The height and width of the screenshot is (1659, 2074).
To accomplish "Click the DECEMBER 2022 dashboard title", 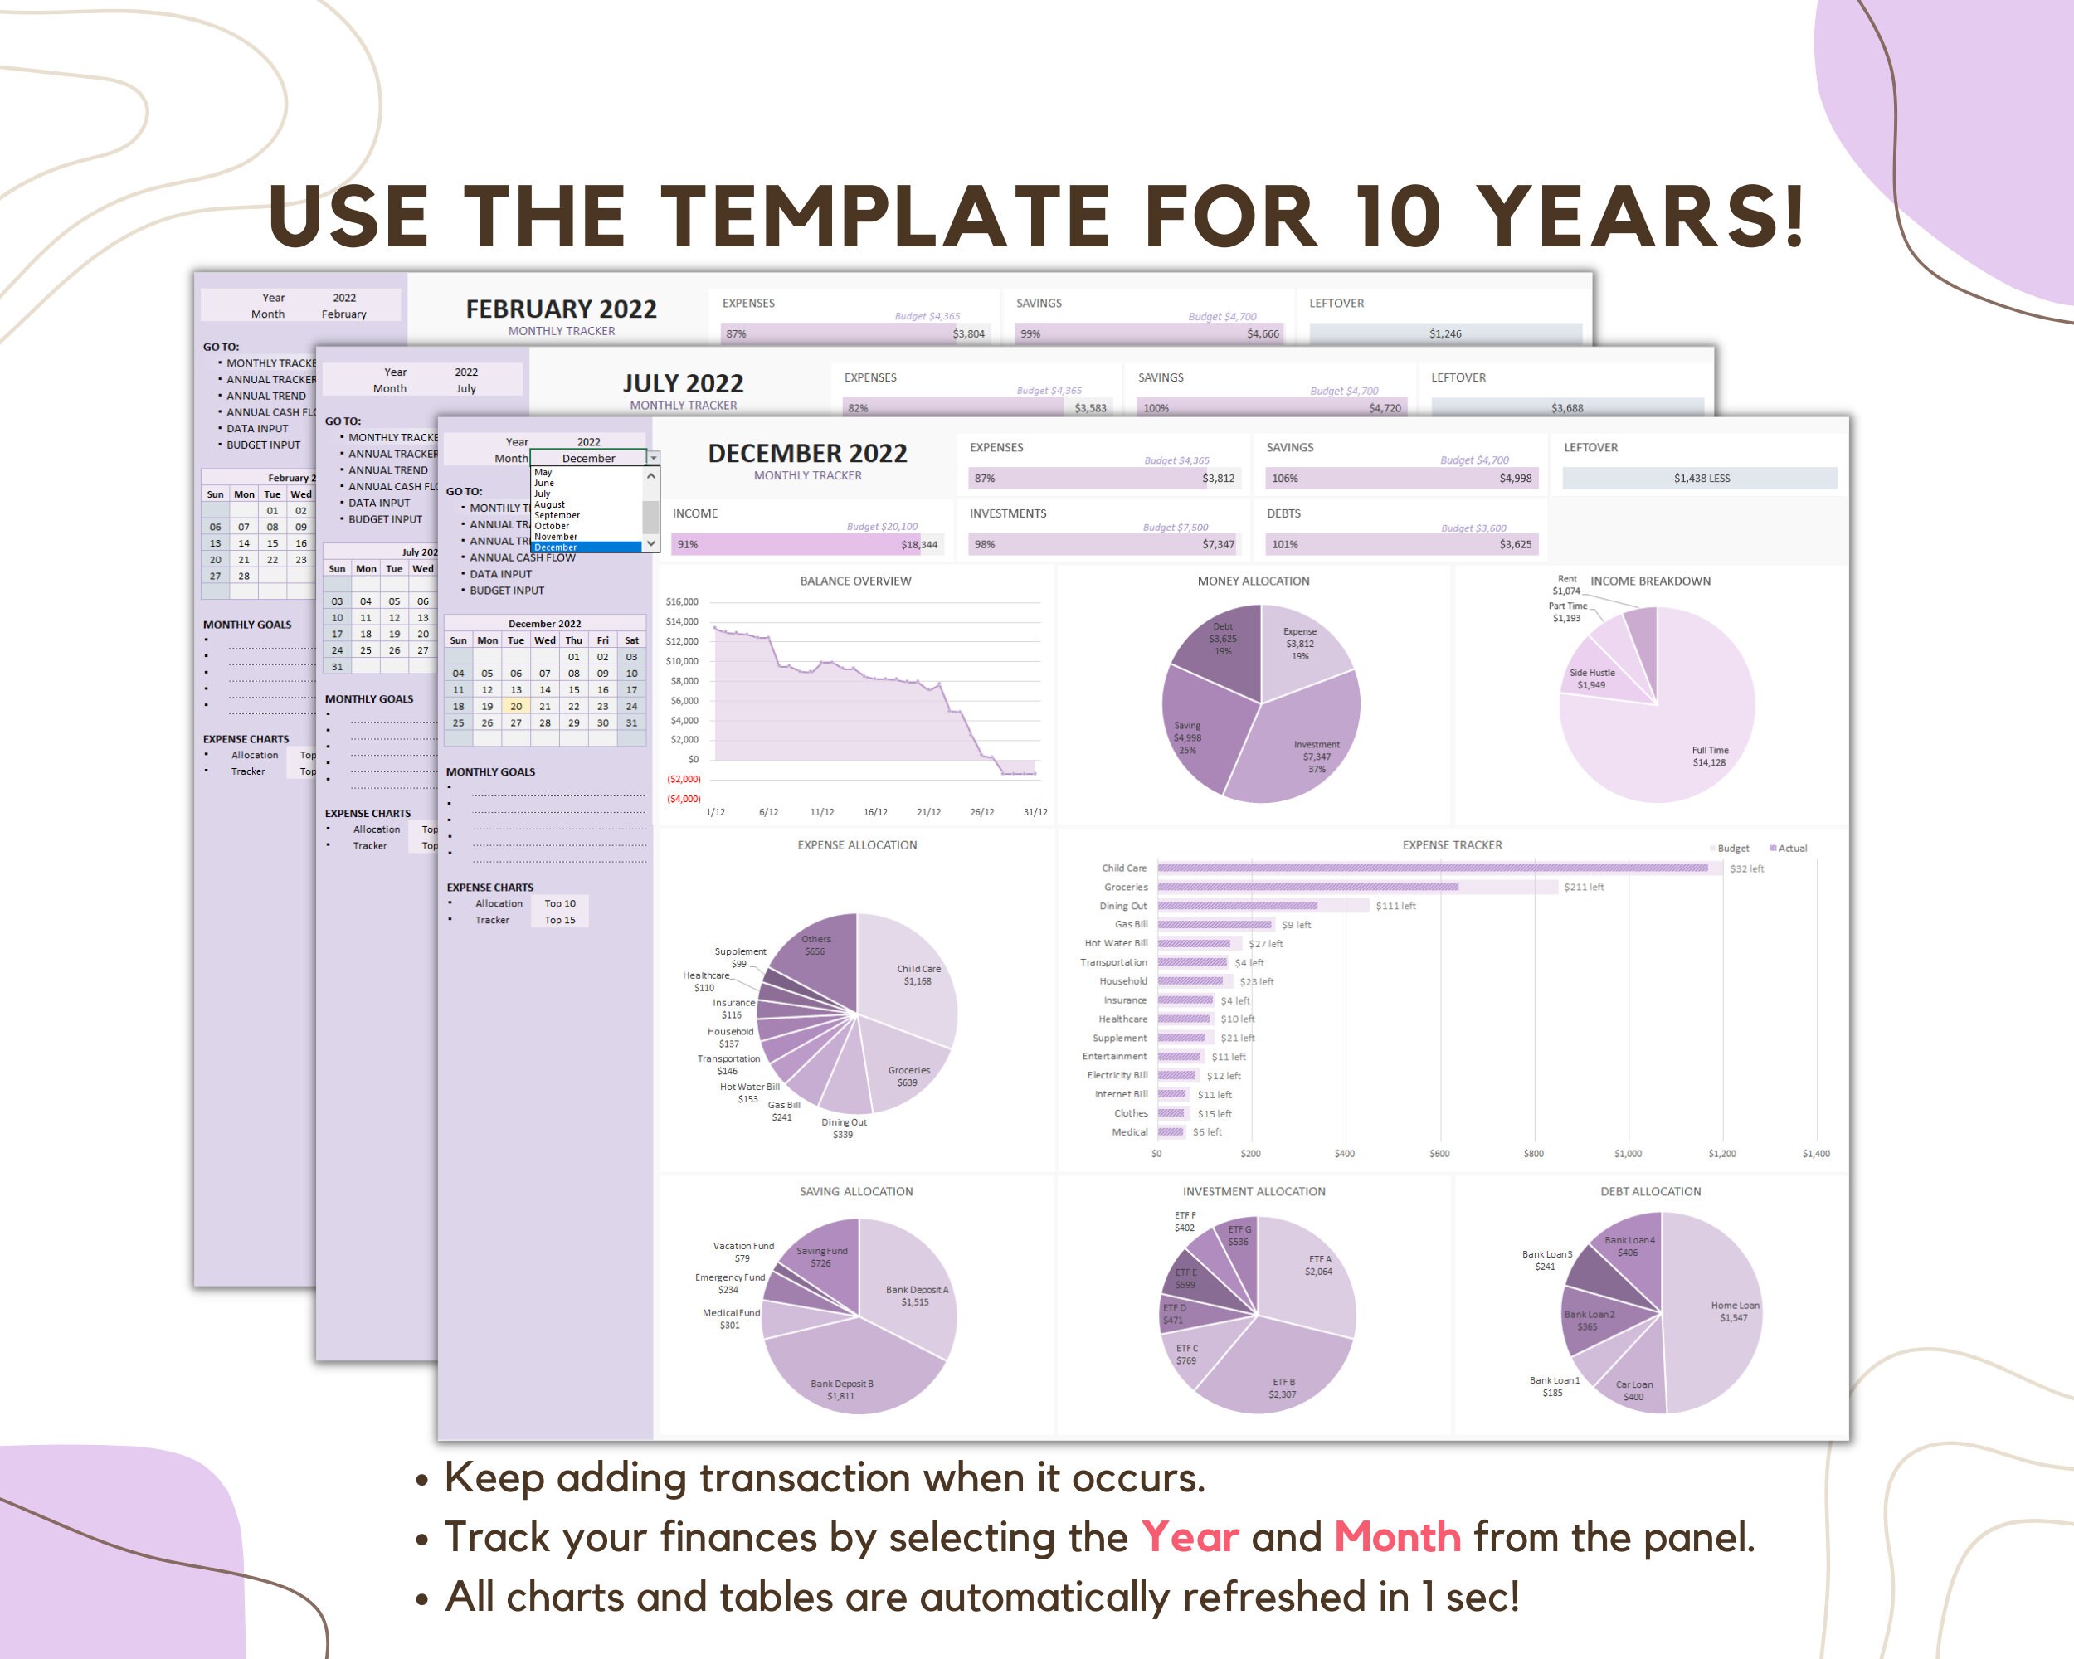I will [x=807, y=453].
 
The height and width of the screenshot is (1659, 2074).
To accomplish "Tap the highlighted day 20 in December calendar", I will [x=516, y=706].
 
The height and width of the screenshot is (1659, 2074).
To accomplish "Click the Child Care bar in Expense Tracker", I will [x=1434, y=868].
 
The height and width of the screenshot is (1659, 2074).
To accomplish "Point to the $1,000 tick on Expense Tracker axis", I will [x=1628, y=1153].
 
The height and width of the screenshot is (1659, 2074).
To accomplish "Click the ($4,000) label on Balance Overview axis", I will [x=684, y=799].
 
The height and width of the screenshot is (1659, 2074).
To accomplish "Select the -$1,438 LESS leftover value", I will [x=1700, y=479].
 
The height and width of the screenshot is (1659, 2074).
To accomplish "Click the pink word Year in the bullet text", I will [x=1190, y=1538].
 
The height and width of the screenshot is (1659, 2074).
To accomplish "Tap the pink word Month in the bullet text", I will [x=1397, y=1538].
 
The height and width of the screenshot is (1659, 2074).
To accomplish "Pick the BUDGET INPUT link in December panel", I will [x=507, y=591].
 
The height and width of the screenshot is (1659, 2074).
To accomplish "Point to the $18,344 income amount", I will [x=918, y=545].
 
